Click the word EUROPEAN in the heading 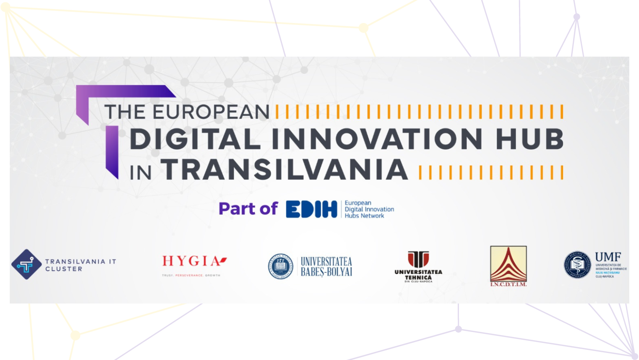coord(211,112)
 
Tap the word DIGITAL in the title coord(195,139)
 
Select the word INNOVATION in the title coord(377,139)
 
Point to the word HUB coord(530,139)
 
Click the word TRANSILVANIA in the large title coord(284,170)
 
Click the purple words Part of coord(248,209)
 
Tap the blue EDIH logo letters coord(311,209)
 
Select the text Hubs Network coord(364,216)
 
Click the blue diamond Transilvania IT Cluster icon coord(26,265)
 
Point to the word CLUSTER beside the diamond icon coord(64,269)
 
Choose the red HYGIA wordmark coord(194,261)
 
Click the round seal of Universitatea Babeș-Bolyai coord(281,266)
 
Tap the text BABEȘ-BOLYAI coord(327,272)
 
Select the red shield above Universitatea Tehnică coord(418,259)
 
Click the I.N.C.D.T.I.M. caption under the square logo coord(508,284)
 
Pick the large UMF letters coord(608,257)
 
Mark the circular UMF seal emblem coord(577,265)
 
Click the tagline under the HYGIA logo coord(191,275)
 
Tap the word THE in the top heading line coord(125,112)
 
